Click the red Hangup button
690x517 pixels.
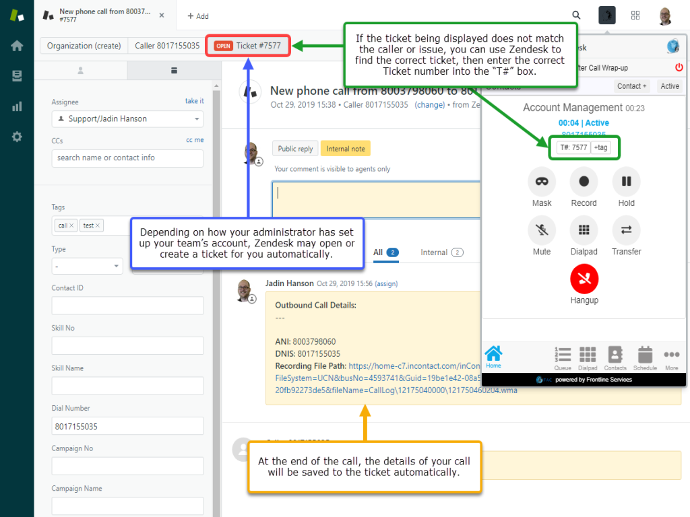tap(584, 279)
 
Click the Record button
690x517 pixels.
tap(584, 182)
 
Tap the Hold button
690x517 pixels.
tap(626, 182)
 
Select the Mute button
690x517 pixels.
tap(542, 230)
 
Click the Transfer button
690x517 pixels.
tap(626, 230)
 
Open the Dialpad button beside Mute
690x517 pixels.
tap(584, 230)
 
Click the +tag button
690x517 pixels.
tap(600, 147)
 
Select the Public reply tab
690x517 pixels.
tap(296, 149)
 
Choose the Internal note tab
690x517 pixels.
tap(345, 149)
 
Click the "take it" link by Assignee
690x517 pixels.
tap(194, 101)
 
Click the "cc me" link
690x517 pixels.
tap(195, 140)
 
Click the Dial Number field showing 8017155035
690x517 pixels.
tap(127, 426)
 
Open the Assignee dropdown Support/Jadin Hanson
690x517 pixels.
tap(127, 119)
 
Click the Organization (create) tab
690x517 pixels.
tap(84, 46)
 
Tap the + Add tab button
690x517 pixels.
tap(198, 16)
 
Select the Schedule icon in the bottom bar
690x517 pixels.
tap(645, 357)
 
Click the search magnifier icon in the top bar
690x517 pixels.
tap(576, 15)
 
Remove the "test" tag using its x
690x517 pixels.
tap(98, 226)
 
